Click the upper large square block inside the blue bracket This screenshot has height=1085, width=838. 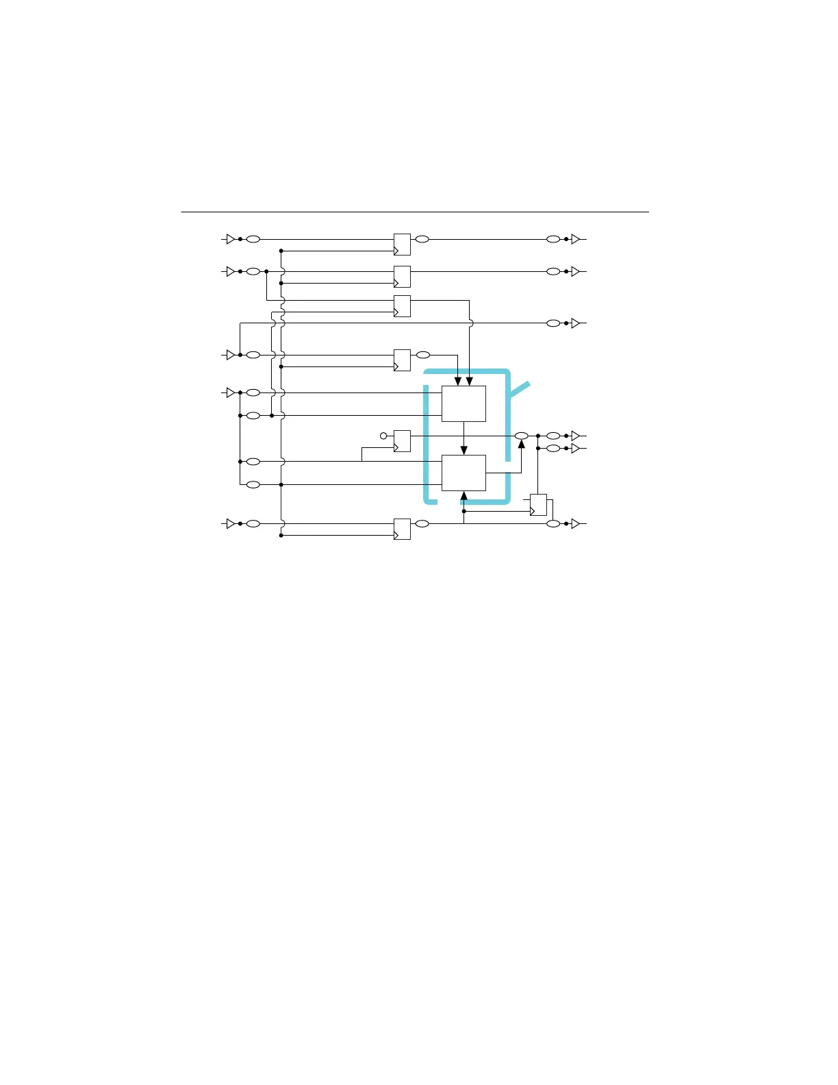pos(464,403)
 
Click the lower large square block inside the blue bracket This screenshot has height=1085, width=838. pos(464,473)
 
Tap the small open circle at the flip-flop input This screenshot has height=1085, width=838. pos(383,436)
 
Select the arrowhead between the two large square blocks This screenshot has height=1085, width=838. pos(464,450)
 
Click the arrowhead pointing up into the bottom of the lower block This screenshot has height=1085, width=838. pos(464,496)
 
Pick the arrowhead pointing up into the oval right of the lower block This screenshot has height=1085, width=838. pos(522,445)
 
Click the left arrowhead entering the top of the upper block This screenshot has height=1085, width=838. pos(458,381)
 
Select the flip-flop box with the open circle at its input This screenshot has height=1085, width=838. pos(402,441)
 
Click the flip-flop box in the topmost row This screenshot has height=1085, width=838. pos(402,245)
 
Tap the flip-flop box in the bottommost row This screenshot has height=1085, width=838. pos(402,529)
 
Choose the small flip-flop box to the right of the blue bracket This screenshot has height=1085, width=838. pos(538,505)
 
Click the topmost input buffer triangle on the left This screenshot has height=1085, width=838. pos(231,239)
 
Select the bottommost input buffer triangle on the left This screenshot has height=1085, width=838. pos(231,523)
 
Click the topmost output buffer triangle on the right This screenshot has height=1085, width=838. pos(576,239)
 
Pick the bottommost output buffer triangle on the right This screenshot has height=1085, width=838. pos(576,523)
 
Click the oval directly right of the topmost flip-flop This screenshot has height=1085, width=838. pos(422,239)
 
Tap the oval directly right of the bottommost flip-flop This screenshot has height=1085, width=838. pos(422,523)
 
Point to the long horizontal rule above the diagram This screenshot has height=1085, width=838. pos(414,212)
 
